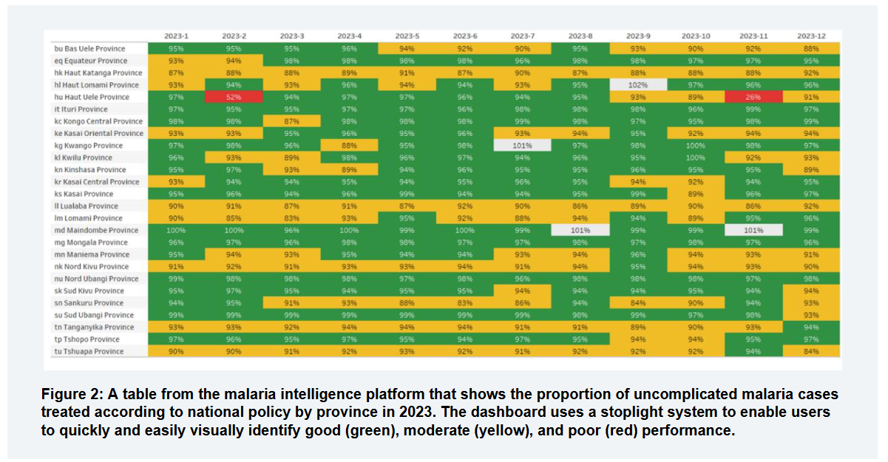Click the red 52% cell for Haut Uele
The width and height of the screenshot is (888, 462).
pos(234,97)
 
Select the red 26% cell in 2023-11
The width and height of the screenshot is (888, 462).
pos(753,97)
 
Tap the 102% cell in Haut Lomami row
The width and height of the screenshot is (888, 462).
pos(638,85)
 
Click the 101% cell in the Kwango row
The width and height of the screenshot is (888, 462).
pos(523,146)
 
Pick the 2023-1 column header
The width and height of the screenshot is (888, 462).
pos(176,35)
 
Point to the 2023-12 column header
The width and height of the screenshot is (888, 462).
pos(811,35)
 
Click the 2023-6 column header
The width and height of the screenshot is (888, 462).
pos(464,35)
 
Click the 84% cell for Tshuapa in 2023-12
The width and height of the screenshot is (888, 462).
pos(811,352)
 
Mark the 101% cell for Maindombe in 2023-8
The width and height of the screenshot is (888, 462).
pos(580,231)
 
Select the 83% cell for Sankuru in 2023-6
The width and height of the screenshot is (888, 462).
pos(465,303)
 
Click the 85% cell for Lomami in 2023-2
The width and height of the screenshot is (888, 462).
pos(234,218)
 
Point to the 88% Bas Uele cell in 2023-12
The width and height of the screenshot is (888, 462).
pos(811,49)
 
